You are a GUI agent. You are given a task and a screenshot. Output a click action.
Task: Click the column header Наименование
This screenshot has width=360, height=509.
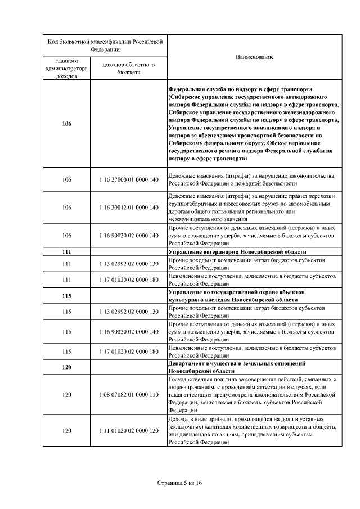pos(255,57)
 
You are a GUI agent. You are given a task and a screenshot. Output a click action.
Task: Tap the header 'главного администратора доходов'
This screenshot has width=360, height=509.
pos(67,68)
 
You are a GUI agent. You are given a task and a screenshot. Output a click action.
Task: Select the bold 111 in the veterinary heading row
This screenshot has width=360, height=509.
pos(67,251)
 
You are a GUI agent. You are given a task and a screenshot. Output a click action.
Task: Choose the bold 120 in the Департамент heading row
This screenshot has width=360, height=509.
pos(67,367)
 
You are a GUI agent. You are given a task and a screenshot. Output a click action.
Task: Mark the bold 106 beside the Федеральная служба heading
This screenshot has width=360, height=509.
pos(67,124)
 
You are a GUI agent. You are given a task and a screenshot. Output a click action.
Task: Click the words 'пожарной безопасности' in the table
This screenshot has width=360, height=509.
pos(265,183)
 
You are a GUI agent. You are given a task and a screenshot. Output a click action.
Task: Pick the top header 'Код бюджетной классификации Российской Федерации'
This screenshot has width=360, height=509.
pos(105,45)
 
